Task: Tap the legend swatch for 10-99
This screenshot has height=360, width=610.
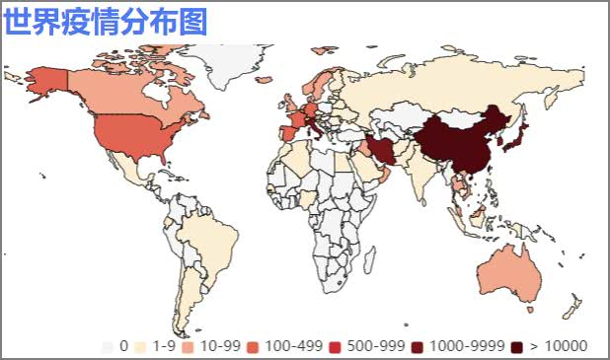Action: (189, 346)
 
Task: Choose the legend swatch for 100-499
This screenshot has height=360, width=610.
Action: (254, 346)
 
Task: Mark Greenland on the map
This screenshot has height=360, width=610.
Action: (222, 59)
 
